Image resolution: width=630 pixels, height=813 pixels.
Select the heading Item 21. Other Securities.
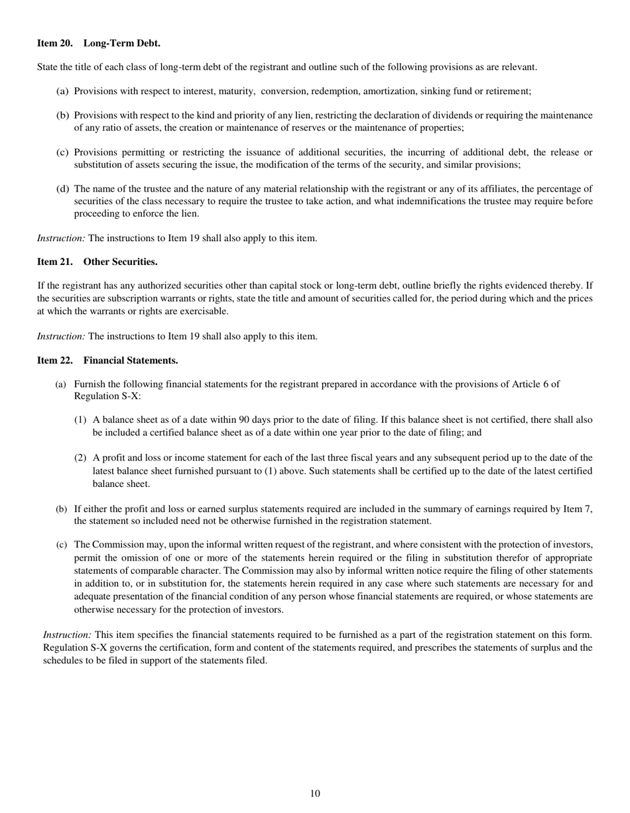click(97, 262)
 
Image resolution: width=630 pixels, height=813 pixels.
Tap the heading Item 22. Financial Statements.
click(107, 360)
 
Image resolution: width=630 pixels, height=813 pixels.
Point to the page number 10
click(315, 794)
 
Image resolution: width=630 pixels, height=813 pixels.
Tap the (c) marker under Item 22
click(62, 545)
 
